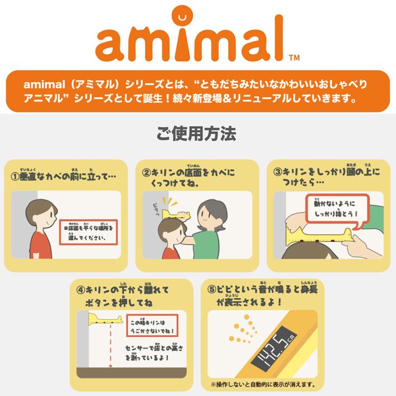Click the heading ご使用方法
click(x=198, y=135)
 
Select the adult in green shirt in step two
click(x=212, y=229)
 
